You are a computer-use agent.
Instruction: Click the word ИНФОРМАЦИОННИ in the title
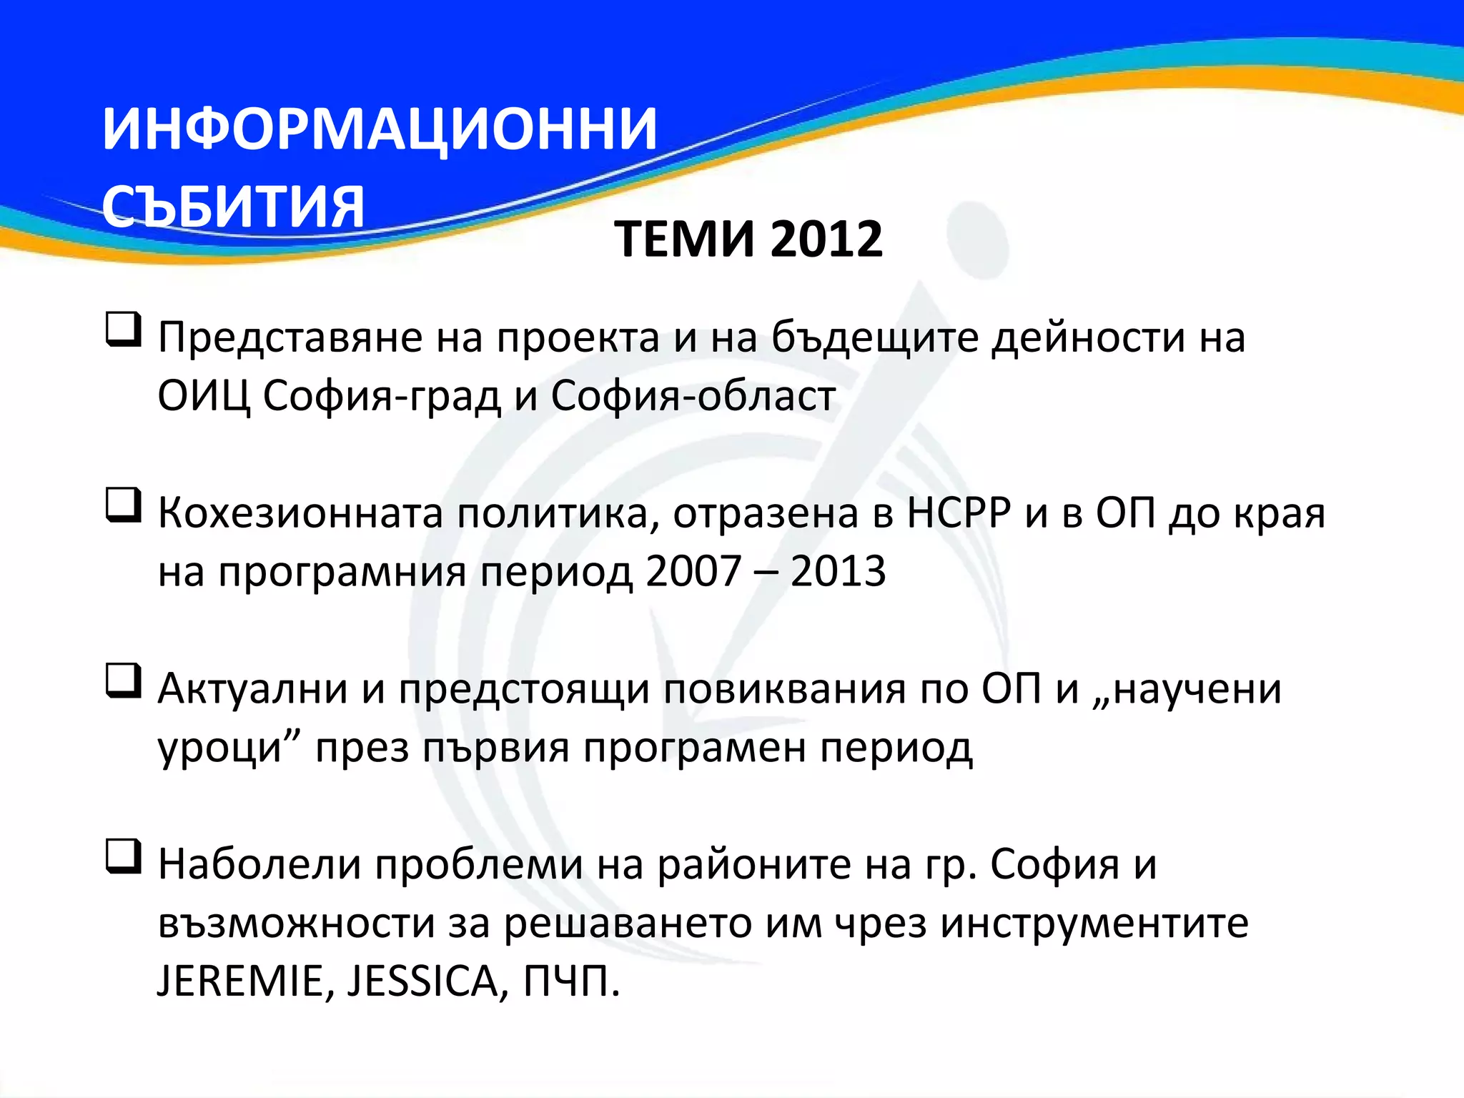click(379, 130)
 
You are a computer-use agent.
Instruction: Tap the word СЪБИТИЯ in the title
click(233, 207)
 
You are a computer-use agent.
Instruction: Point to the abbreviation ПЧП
click(569, 981)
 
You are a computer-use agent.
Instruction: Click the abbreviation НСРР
click(959, 513)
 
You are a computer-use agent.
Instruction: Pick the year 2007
click(693, 572)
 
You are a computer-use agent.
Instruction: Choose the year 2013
click(838, 572)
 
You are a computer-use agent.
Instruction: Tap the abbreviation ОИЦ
click(204, 396)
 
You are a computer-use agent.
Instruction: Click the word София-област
click(693, 396)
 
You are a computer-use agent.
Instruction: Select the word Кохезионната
click(300, 513)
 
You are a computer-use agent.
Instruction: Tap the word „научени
click(1187, 689)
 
